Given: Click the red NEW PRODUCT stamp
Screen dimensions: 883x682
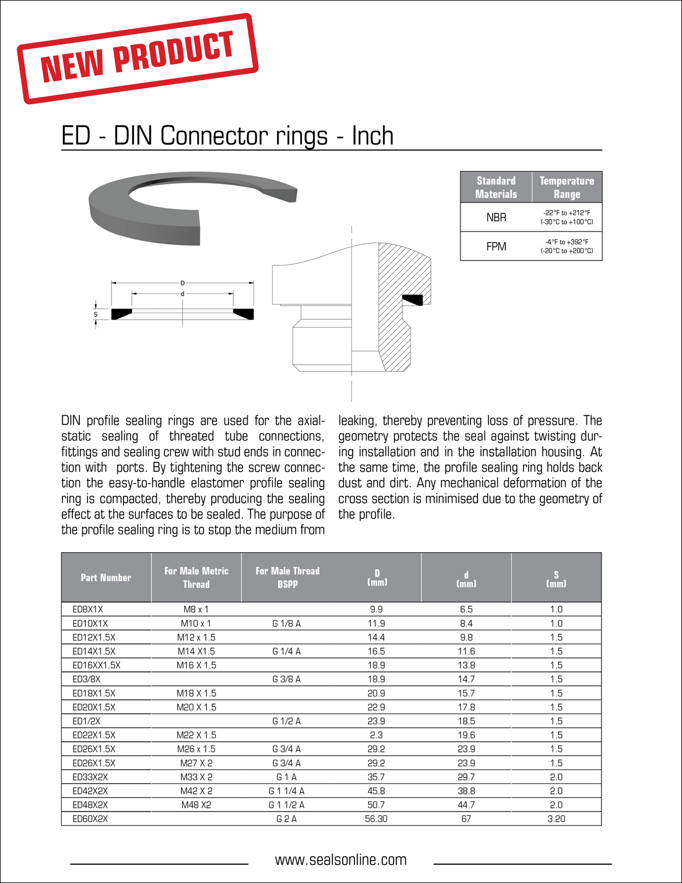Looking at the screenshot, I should [138, 58].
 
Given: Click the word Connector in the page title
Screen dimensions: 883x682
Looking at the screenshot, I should [214, 136].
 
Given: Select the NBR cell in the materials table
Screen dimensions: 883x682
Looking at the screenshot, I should [496, 218].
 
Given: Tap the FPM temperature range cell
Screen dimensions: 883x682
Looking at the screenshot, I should [567, 246].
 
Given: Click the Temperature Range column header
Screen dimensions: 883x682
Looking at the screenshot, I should [567, 187].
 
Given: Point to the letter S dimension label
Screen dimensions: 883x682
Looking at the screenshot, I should [96, 314].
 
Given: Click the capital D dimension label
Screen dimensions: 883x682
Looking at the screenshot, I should [182, 283].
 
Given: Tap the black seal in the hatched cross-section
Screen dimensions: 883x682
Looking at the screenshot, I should [413, 300].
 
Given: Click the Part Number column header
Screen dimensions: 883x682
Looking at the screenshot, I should [106, 577].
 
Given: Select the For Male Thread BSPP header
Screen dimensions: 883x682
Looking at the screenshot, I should [287, 577].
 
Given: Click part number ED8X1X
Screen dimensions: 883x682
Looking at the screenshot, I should [87, 609].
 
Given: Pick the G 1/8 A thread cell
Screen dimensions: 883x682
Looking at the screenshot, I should [286, 623].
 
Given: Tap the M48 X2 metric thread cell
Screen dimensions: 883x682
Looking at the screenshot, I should [196, 805].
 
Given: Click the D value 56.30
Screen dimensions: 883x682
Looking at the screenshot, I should [376, 819].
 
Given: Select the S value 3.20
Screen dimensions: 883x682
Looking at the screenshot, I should [556, 819].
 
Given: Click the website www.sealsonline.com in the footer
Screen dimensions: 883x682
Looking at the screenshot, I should [341, 860].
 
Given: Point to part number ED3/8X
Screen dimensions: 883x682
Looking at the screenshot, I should [86, 679].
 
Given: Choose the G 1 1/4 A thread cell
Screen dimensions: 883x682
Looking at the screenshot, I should [286, 791].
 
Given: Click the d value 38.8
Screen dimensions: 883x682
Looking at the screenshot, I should [466, 791].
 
